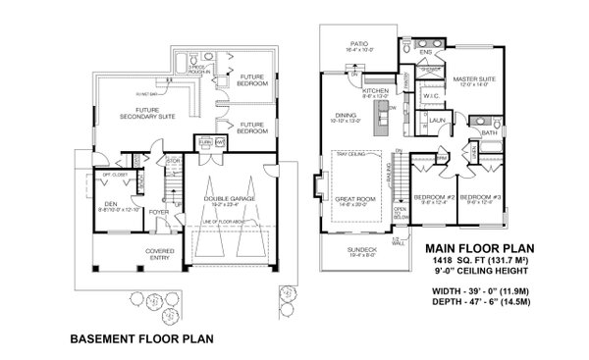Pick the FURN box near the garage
204,142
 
